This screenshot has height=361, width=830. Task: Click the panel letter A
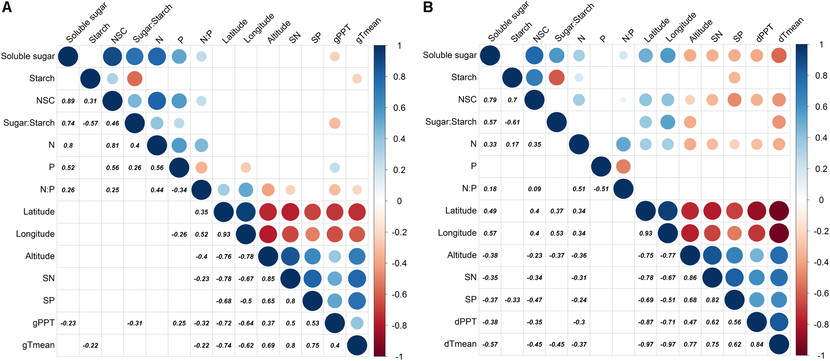(x=7, y=7)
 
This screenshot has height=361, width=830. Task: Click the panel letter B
(x=428, y=7)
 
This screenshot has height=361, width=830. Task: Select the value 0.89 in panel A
(x=68, y=101)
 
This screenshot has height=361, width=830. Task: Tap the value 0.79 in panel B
(x=490, y=100)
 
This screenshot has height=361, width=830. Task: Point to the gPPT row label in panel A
(x=43, y=323)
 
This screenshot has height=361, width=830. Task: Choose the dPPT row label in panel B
(x=465, y=322)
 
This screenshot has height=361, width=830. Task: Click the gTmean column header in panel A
(x=368, y=30)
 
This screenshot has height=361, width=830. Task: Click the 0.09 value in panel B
(x=534, y=189)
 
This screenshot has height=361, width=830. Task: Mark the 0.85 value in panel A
(x=268, y=279)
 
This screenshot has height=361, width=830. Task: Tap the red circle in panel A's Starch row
(x=135, y=79)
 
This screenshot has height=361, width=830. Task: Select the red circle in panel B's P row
(x=623, y=167)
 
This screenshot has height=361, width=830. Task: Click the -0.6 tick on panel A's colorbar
(x=399, y=295)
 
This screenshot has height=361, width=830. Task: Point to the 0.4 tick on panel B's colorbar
(x=821, y=138)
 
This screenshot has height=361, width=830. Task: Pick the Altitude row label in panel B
(x=462, y=255)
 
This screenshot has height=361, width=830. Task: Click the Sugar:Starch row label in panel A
(x=29, y=123)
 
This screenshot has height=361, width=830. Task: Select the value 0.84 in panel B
(x=757, y=344)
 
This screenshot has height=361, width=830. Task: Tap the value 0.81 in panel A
(x=112, y=145)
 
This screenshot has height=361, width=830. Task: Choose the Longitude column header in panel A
(x=259, y=29)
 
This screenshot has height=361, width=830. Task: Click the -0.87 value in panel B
(x=645, y=322)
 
